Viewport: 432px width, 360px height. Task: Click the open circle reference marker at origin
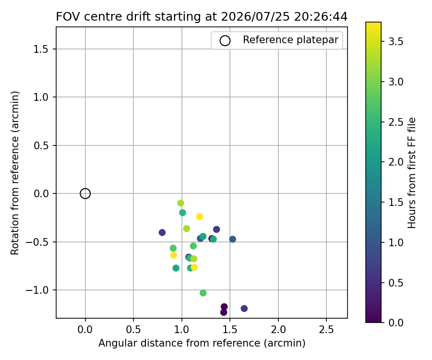click(85, 189)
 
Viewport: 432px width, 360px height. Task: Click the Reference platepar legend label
click(290, 40)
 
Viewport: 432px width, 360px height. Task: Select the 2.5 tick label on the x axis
click(326, 329)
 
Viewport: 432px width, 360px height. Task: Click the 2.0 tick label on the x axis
click(278, 329)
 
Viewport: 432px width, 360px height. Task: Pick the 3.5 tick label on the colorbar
click(396, 42)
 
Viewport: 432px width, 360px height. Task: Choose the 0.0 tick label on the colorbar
click(396, 323)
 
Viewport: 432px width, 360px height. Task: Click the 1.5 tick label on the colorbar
click(396, 202)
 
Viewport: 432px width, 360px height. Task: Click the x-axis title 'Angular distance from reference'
click(179, 343)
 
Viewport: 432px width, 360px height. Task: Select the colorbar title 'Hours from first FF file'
click(411, 173)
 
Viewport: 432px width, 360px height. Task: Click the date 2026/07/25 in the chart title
click(255, 17)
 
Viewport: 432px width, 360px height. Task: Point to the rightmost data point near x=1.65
click(244, 309)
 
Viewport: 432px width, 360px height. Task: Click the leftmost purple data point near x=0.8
click(162, 232)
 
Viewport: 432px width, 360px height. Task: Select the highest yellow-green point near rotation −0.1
click(180, 203)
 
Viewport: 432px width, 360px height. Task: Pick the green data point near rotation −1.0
click(203, 293)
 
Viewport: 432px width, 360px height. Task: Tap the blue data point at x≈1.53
click(232, 239)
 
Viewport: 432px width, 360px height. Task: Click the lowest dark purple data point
click(224, 312)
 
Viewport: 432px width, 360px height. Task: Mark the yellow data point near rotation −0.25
click(200, 217)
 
